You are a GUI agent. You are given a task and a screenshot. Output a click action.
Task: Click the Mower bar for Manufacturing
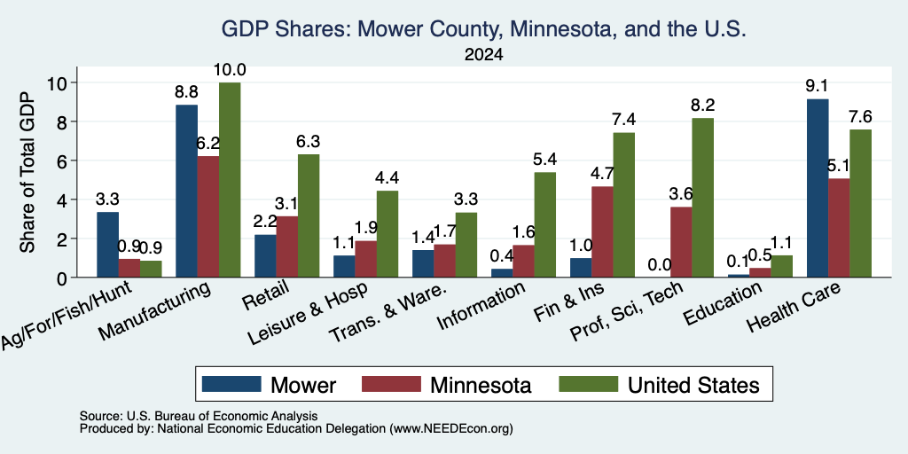pos(186,192)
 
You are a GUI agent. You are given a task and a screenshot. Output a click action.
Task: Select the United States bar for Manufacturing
pos(230,179)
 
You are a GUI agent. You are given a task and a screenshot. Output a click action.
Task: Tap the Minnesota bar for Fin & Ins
pos(602,231)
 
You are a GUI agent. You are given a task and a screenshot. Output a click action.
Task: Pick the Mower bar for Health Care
pos(817,188)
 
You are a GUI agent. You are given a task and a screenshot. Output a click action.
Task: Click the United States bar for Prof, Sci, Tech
pos(702,198)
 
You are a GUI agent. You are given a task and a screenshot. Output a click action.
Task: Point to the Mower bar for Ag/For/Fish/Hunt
pos(107,245)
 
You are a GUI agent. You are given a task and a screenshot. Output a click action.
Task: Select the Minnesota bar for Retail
pos(286,247)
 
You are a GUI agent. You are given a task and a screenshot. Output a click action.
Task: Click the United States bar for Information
pos(545,224)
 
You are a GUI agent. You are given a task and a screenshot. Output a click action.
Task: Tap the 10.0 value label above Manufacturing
pos(230,70)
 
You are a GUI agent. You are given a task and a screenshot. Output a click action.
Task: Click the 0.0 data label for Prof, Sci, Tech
pos(660,265)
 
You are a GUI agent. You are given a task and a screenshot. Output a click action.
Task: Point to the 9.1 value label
pos(817,86)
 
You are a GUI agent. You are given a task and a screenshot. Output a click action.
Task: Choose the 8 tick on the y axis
pos(64,121)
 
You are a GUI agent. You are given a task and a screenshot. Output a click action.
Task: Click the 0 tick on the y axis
pos(64,278)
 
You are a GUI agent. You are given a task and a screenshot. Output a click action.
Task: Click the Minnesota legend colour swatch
pos(391,384)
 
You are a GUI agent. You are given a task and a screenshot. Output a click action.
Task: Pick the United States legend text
pos(693,385)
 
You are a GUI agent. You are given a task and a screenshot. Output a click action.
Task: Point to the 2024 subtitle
pos(483,55)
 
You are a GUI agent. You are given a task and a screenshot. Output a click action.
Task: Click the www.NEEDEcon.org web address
pos(451,429)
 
